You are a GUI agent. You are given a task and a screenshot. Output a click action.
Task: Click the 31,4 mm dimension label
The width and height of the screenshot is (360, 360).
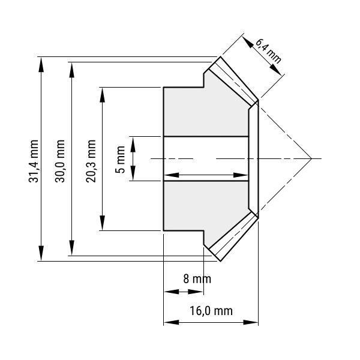coord(33,161)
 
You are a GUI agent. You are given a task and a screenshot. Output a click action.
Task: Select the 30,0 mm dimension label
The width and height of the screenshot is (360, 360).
coord(60,161)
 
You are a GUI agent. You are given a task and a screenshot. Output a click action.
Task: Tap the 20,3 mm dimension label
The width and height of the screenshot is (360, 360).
coord(91,161)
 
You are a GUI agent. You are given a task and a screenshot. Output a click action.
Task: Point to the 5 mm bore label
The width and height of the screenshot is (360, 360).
coord(120,160)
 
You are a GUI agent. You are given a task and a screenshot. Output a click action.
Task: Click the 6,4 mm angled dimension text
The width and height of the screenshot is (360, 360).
coord(268,51)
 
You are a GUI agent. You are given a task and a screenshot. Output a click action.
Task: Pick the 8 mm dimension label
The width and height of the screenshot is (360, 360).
coord(197,279)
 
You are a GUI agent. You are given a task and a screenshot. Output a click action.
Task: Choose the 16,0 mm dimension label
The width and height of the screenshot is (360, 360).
coord(211,311)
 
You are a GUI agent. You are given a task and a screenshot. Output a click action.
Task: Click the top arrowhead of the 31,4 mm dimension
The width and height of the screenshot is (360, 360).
coord(41,65)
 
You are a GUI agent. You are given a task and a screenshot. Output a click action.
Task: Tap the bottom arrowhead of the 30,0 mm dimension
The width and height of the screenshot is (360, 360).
coord(72,248)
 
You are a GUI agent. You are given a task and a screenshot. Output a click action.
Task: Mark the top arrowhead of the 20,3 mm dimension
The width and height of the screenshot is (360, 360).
coord(103,95)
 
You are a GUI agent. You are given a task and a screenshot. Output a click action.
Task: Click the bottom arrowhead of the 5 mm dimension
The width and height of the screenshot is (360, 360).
coord(133,173)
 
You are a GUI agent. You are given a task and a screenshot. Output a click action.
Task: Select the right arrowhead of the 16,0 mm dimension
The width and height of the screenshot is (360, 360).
coord(251,322)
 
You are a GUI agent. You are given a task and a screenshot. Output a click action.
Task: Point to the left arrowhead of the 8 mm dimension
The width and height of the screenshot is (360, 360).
coord(172,292)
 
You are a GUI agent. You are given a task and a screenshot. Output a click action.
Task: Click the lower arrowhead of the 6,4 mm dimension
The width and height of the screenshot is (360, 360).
coord(275,70)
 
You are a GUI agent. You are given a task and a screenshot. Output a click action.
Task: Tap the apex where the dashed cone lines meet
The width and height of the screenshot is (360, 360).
coord(311,158)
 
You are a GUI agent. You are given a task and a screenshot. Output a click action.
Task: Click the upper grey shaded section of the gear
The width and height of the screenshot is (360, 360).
coord(206,108)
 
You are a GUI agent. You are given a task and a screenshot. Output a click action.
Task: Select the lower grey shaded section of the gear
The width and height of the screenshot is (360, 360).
coord(206,209)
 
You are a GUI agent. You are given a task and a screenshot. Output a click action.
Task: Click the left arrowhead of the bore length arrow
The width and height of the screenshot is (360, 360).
coord(172,175)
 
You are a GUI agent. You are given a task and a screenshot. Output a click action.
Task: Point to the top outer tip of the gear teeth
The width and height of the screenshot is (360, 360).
coord(220,56)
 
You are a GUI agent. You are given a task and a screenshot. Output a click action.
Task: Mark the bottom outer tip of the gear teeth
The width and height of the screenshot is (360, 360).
coord(220,261)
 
